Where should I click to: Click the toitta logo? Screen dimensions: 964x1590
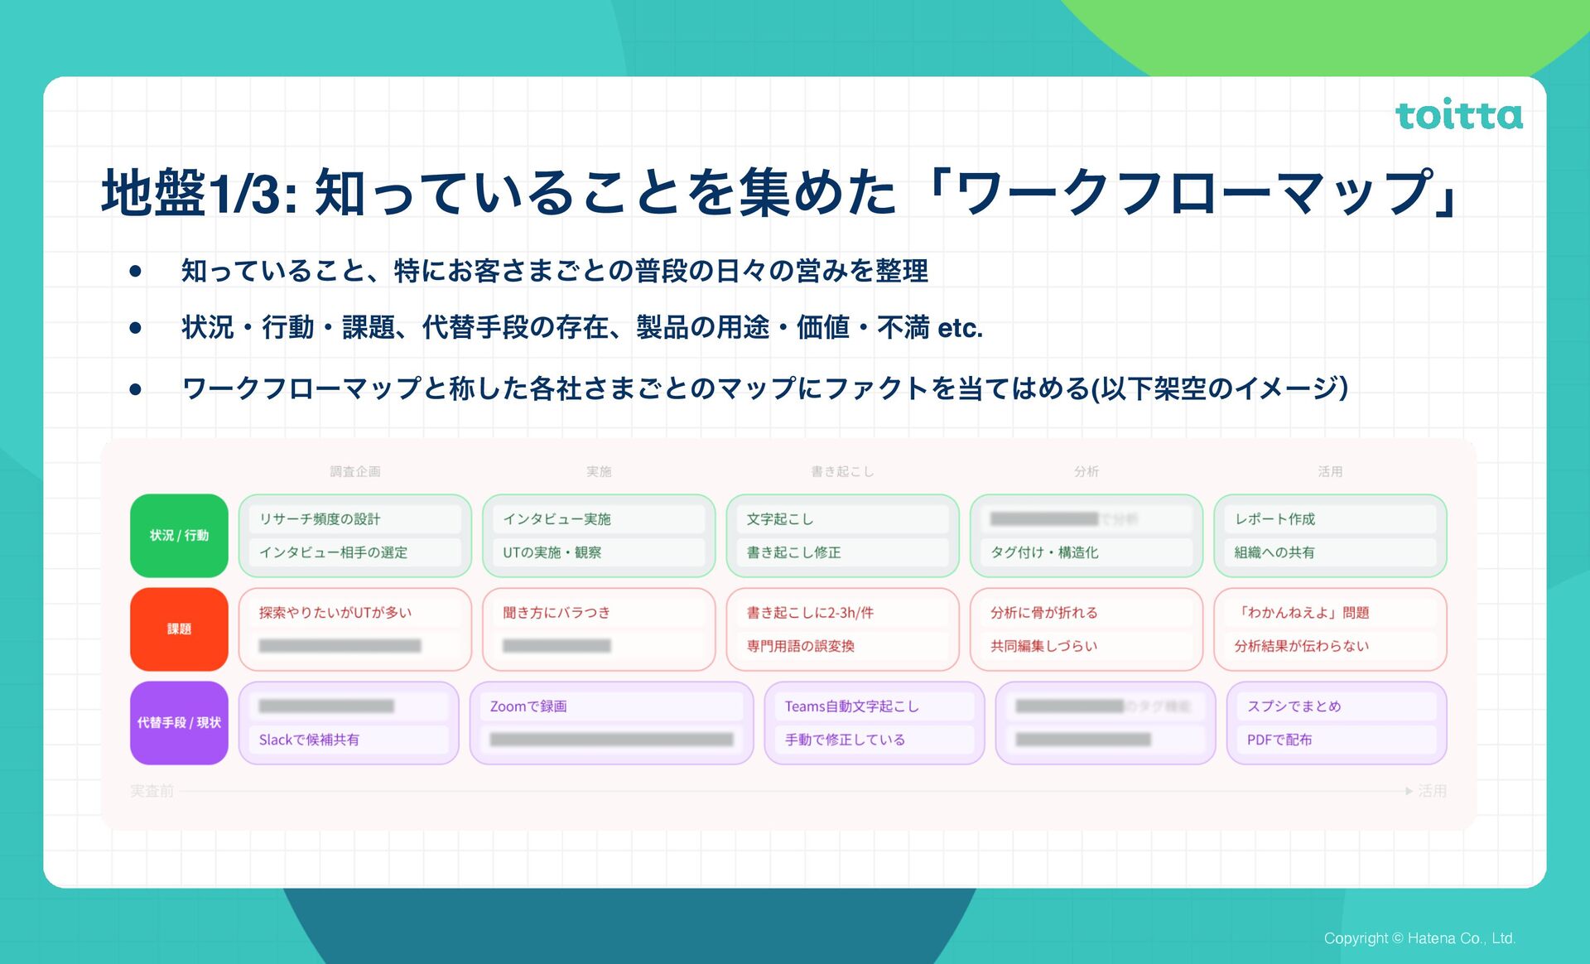(1458, 115)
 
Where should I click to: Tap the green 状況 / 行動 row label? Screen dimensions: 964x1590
(179, 536)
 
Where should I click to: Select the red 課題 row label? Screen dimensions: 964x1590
(179, 629)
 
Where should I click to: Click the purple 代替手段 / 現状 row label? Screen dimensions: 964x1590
(179, 723)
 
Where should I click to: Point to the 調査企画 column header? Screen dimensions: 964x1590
(355, 471)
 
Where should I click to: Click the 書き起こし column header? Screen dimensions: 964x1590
(842, 471)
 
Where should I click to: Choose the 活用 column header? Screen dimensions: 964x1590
(1330, 471)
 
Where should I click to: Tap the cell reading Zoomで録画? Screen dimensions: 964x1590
(528, 706)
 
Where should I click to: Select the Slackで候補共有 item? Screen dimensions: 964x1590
(309, 740)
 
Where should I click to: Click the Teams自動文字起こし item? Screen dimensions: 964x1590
(851, 706)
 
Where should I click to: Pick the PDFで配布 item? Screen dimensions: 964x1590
(1279, 740)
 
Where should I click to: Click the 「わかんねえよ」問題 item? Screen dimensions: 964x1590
(1302, 613)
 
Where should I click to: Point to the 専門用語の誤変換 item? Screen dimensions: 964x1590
(800, 646)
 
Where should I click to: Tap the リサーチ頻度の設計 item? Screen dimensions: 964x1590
(320, 519)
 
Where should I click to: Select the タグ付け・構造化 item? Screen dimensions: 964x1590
(1044, 552)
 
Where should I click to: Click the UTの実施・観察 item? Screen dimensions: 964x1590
(552, 552)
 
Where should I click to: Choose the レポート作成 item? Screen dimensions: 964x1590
(1274, 519)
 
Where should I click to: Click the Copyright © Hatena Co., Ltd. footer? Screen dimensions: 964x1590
(1419, 938)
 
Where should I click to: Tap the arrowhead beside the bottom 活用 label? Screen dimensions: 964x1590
(1409, 792)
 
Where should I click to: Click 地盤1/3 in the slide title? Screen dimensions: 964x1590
(199, 193)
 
